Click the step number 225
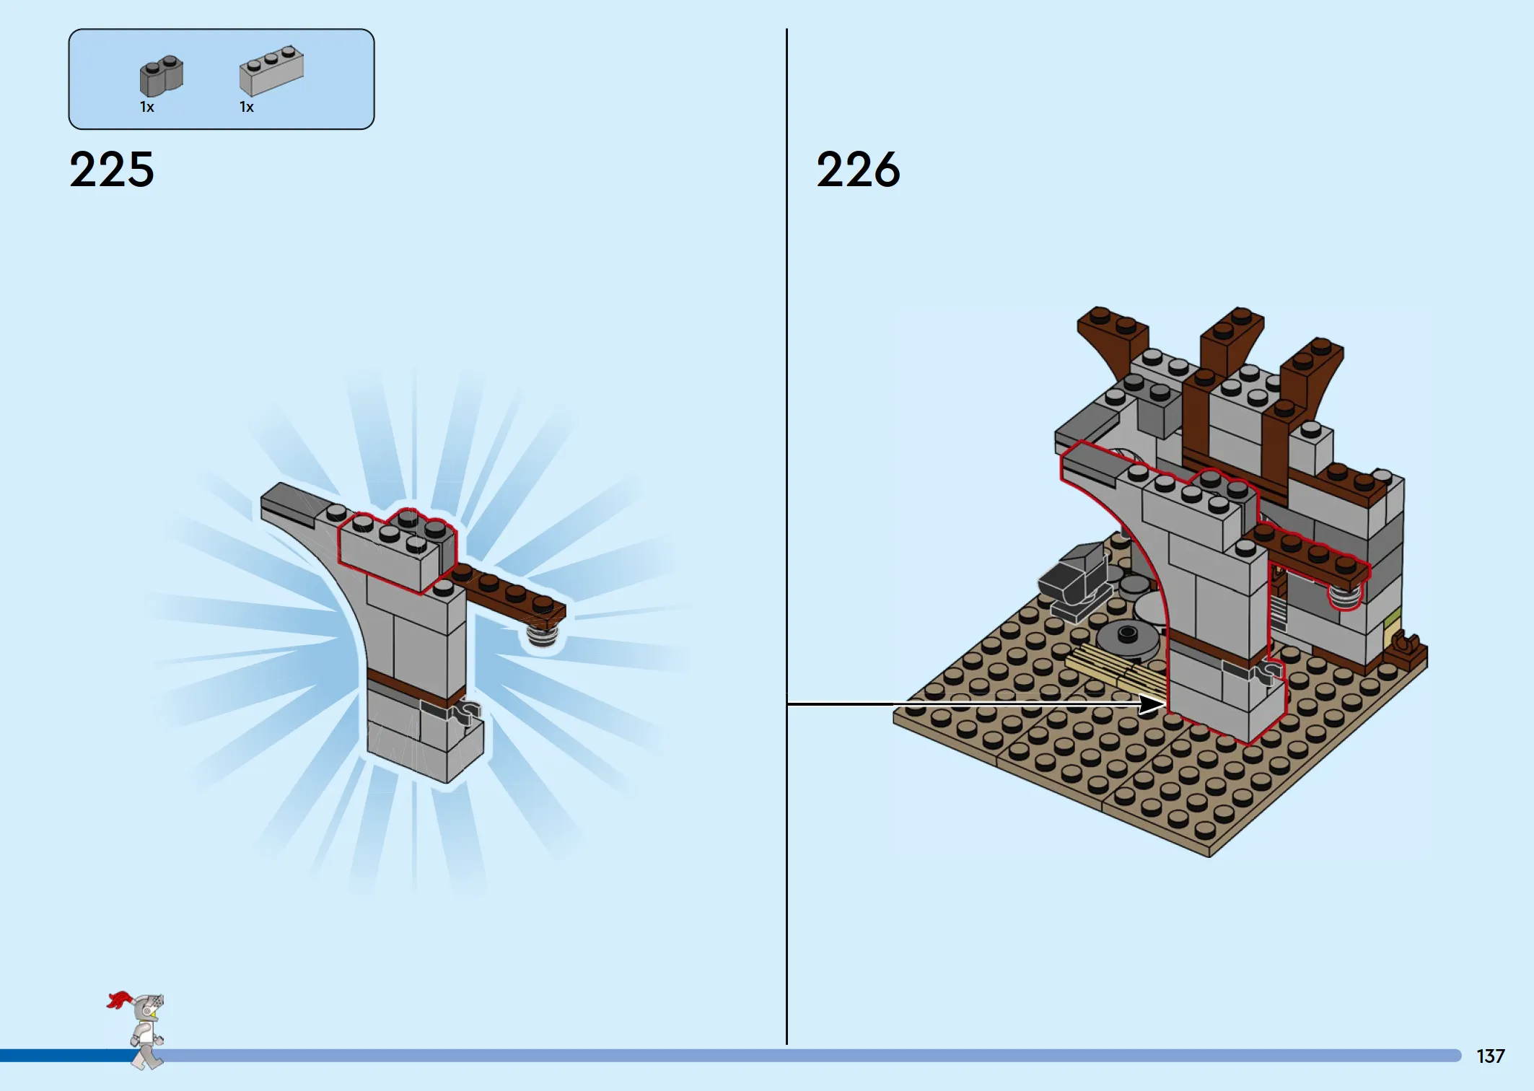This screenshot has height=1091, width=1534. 112,170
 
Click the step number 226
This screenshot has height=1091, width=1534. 859,170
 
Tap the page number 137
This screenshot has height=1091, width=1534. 1491,1056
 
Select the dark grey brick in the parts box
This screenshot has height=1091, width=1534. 161,76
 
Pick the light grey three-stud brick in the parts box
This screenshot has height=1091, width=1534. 271,71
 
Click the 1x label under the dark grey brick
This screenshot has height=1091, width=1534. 147,108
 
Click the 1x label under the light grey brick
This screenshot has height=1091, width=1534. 247,108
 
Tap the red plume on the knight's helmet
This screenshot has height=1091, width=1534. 119,999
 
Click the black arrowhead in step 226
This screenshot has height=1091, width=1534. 1152,704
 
